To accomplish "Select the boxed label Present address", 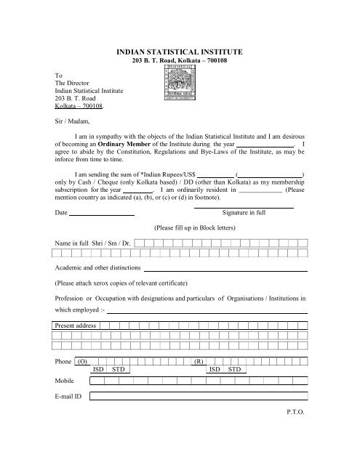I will coord(76,326).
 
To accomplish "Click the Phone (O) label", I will coord(72,361).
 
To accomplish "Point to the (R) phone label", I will coord(198,361).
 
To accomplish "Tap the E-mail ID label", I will coord(68,397).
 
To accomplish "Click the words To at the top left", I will coord(59,75).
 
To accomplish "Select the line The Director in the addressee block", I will coord(76,83).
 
